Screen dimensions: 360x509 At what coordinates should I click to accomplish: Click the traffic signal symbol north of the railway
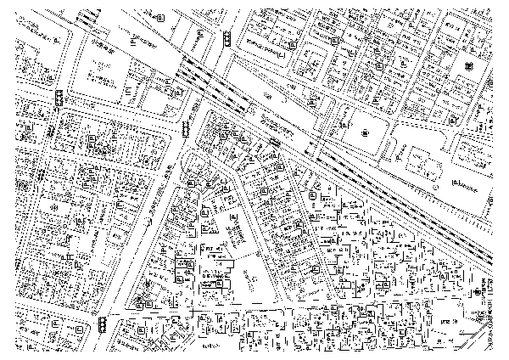227,39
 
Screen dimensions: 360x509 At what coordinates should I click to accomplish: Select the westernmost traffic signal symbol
59,98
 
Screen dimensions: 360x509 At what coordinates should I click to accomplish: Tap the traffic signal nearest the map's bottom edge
103,325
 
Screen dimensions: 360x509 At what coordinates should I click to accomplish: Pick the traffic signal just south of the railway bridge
184,128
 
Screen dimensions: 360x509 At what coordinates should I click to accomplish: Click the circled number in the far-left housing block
53,207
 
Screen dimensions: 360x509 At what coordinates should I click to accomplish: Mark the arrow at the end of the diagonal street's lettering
146,224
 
